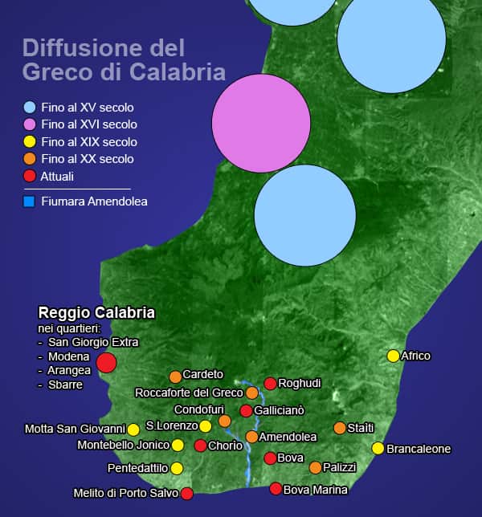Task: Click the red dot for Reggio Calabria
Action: pos(106,363)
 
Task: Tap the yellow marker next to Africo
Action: pos(393,356)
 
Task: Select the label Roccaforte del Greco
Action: pos(189,393)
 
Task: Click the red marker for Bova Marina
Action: pos(276,489)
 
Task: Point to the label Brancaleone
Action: pos(419,449)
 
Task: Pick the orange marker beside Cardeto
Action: pos(175,377)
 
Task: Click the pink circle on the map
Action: pos(261,123)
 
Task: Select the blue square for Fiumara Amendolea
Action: pos(30,202)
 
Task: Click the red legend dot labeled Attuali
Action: pos(30,176)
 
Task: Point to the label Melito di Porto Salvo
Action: pos(125,493)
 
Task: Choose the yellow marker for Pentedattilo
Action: pos(177,468)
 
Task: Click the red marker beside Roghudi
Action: pos(271,384)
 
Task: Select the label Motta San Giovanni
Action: pos(76,429)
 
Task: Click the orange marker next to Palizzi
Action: pos(315,467)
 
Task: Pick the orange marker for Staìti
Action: pos(340,428)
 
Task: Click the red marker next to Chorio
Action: pos(200,446)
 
